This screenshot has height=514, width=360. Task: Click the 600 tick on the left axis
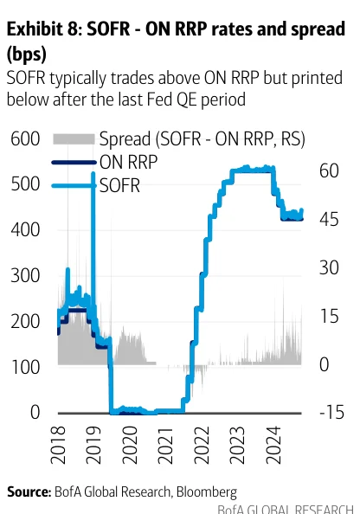[25, 138]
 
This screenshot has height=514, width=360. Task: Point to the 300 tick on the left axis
[25, 275]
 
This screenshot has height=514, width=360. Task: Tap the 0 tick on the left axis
[35, 412]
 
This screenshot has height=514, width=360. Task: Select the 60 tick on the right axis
[329, 170]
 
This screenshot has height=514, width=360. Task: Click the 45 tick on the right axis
[329, 219]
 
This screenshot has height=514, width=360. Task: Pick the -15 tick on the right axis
[331, 412]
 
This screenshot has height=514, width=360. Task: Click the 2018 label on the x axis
[58, 445]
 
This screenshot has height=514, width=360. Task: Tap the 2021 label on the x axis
[165, 445]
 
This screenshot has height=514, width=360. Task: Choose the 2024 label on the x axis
[273, 445]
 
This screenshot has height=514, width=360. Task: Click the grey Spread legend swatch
[74, 139]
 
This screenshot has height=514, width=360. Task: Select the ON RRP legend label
[129, 162]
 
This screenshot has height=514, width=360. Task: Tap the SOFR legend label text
[119, 185]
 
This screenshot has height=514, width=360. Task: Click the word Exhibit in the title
[35, 29]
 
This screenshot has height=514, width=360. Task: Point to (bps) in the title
[27, 54]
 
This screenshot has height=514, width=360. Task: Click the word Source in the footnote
[29, 492]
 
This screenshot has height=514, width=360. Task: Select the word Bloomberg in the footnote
[207, 492]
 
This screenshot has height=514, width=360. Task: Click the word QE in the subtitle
[186, 100]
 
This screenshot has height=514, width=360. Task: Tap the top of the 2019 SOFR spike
[93, 173]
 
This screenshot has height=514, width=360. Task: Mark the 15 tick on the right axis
[329, 316]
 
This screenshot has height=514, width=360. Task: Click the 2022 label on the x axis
[202, 445]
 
